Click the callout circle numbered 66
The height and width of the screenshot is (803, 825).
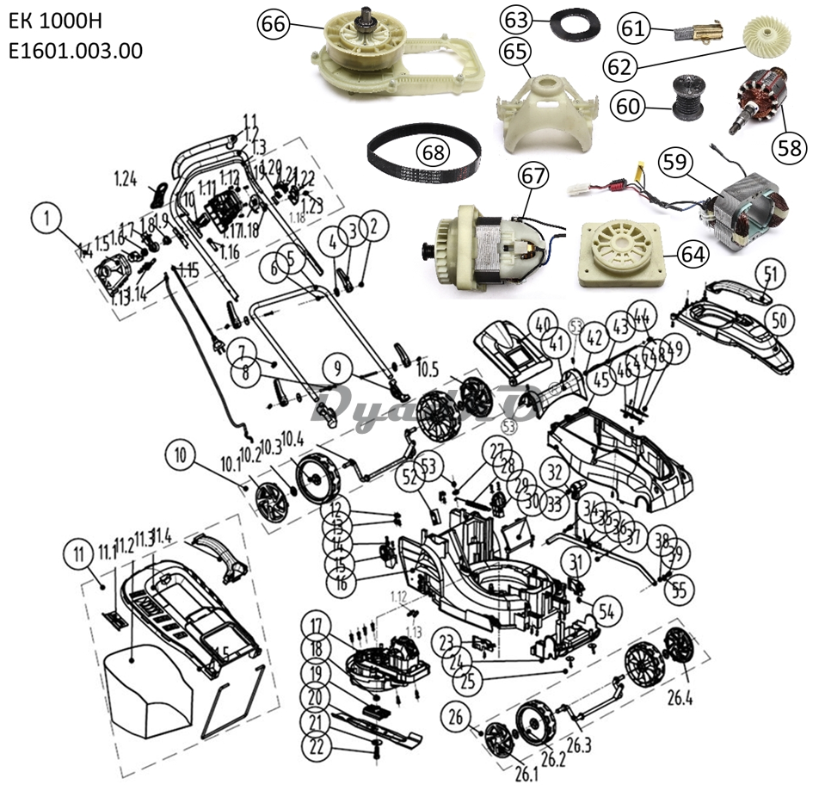click(x=274, y=25)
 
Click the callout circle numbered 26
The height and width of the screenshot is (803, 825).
click(x=456, y=716)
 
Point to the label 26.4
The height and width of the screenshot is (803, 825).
click(x=678, y=697)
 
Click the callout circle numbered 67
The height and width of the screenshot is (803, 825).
click(x=533, y=176)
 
